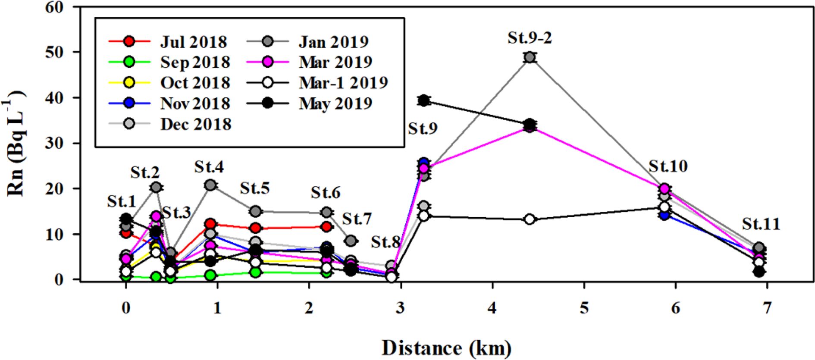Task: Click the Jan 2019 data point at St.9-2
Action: (530, 57)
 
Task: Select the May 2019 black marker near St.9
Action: (424, 101)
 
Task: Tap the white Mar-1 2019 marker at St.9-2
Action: (530, 219)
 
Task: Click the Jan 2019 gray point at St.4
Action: (210, 185)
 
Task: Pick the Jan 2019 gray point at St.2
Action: (156, 187)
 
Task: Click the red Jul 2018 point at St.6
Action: (327, 227)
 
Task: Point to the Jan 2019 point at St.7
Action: (351, 241)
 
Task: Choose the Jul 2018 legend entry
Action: (193, 42)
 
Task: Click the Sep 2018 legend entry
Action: (195, 62)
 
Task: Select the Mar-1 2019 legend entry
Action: (343, 83)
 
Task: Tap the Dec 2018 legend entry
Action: (196, 124)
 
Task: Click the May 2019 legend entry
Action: (335, 103)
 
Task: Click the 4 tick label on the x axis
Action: (492, 308)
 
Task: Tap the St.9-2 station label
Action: (530, 38)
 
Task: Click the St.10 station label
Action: (668, 166)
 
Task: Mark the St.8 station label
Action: (386, 242)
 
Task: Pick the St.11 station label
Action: (761, 224)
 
